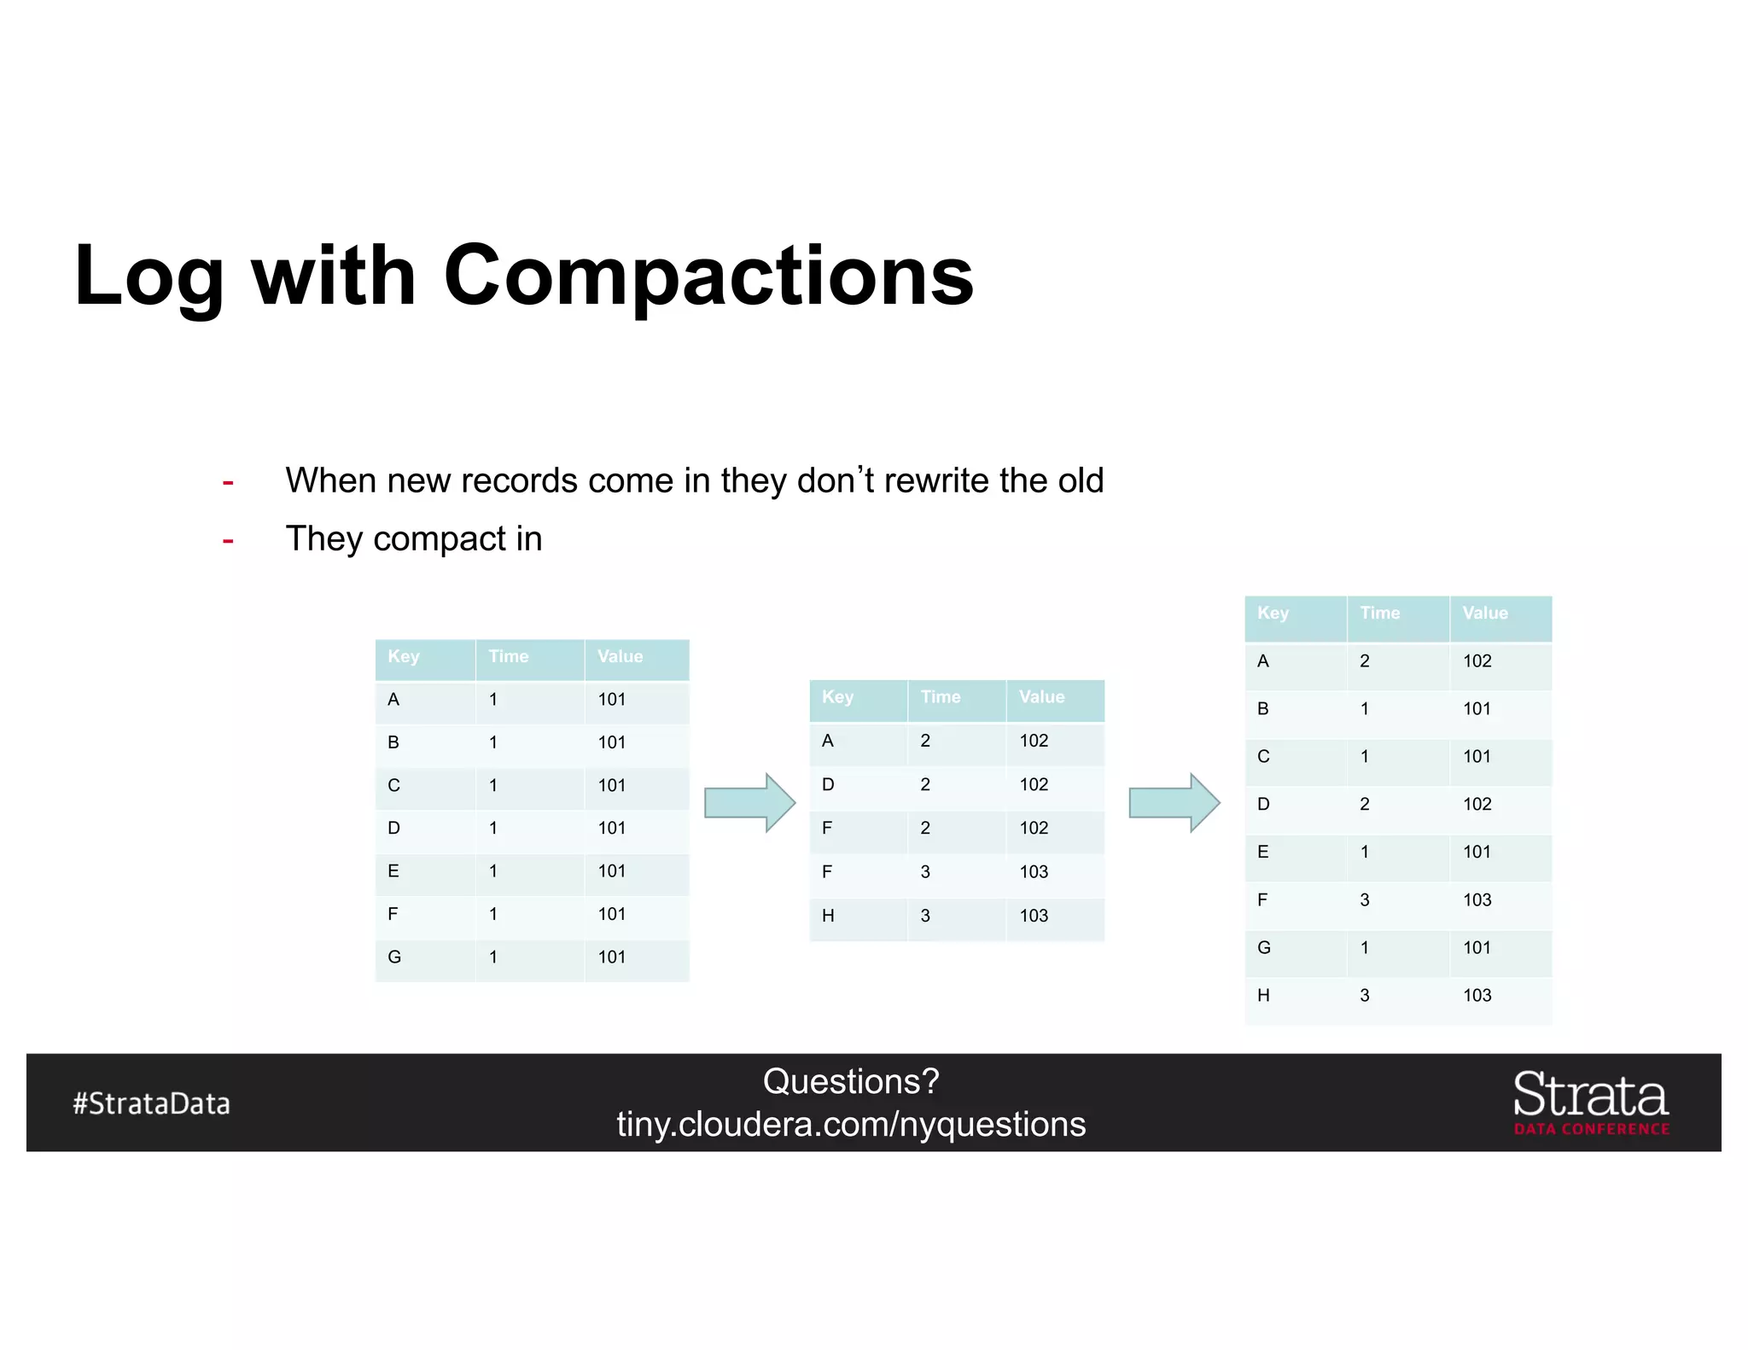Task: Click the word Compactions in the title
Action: pos(708,275)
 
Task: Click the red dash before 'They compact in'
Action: pos(228,540)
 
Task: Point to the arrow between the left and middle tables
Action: pos(749,802)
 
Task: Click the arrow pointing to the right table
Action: pos(1174,802)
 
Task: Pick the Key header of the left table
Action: pos(404,656)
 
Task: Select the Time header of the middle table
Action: pos(941,697)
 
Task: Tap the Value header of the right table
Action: pos(1485,613)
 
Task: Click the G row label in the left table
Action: pos(394,957)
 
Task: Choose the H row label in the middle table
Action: pos(828,916)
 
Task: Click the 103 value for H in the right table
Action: pos(1477,995)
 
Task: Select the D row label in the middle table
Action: pos(828,784)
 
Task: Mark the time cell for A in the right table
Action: pos(1365,660)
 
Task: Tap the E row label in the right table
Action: pos(1263,852)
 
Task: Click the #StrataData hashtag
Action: pos(152,1103)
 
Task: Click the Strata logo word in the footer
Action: pos(1591,1096)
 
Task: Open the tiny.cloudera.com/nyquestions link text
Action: pos(851,1125)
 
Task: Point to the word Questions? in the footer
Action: pos(851,1082)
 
